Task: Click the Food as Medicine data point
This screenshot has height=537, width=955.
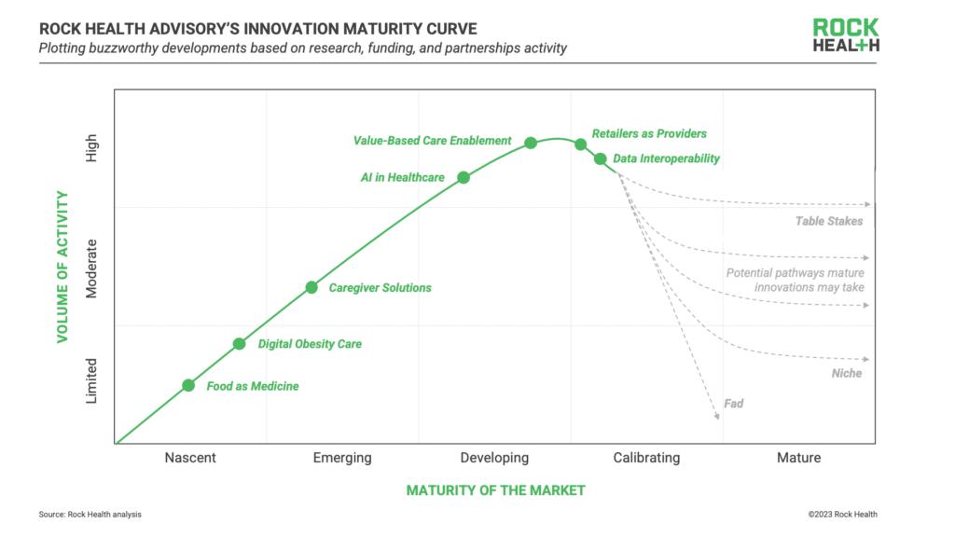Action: coord(187,385)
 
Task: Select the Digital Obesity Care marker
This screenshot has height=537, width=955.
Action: coord(239,344)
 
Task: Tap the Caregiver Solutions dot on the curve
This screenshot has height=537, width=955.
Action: coord(312,287)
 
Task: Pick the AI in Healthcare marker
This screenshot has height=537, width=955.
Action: coord(464,177)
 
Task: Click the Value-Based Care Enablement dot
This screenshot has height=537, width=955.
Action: coord(531,143)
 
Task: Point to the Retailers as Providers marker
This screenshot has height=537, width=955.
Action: coord(580,144)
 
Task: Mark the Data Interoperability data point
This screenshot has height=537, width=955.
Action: coord(601,158)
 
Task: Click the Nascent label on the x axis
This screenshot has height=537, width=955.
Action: coord(190,458)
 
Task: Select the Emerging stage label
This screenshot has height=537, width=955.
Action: coord(342,458)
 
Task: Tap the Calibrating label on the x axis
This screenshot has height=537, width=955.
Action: coord(646,458)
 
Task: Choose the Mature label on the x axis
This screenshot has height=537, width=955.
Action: coord(798,458)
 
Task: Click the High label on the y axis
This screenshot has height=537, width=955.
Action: coord(91,149)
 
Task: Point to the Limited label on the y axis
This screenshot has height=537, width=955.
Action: coord(91,382)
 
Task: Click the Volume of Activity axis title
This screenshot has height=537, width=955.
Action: coord(63,267)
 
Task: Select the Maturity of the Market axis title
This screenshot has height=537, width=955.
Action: coord(495,490)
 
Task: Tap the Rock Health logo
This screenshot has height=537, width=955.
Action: coord(845,36)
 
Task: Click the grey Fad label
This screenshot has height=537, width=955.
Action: coord(734,404)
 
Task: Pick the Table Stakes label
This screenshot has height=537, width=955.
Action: coord(829,221)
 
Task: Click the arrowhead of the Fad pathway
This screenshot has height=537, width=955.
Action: coord(717,418)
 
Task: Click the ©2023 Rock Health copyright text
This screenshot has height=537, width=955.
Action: coord(843,514)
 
